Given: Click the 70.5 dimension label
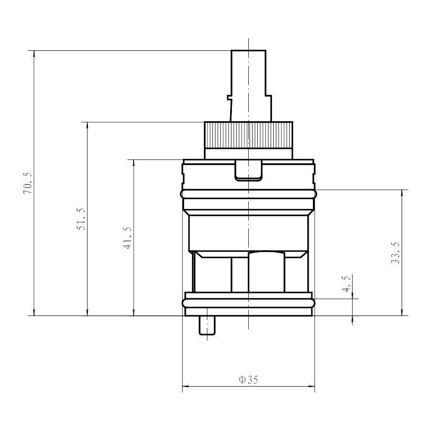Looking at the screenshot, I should (27, 183).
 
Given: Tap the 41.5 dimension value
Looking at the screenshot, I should (128, 238).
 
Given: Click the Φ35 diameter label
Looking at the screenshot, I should (248, 380).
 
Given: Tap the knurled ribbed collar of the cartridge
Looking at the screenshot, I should (248, 135).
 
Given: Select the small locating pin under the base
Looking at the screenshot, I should (207, 325).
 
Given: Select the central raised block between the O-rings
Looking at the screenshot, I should (266, 272).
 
